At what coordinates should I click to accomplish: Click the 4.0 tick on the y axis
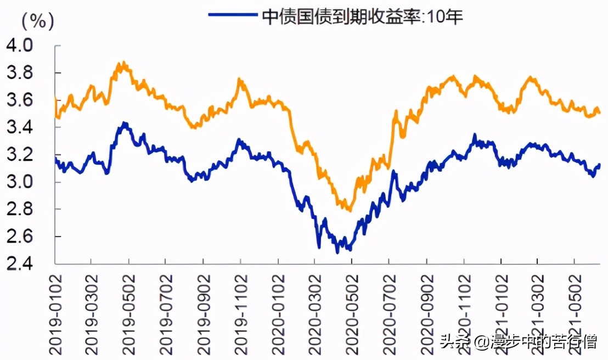point(19,45)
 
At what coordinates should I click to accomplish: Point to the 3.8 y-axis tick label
point(19,72)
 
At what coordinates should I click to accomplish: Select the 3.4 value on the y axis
point(19,127)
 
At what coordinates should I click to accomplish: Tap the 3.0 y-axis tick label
point(19,182)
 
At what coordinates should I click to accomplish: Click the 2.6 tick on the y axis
point(19,237)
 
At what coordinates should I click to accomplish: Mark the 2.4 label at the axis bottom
point(19,264)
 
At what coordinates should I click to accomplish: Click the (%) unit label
point(37,21)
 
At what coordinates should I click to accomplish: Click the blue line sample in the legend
point(233,15)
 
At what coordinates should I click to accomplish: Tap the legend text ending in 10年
point(363,16)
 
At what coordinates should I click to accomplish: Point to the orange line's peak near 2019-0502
point(124,63)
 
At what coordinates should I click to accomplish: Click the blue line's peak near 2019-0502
point(125,123)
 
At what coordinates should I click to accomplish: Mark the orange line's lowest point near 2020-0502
point(348,210)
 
